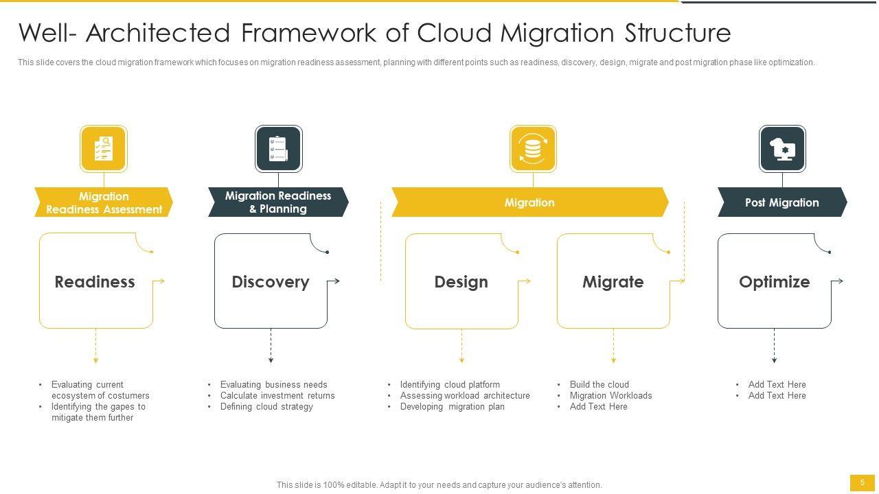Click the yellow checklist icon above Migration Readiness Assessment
click(103, 148)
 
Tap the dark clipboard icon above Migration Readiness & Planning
click(278, 148)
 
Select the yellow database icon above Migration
click(532, 148)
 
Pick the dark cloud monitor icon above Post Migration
click(782, 148)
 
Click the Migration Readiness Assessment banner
click(104, 202)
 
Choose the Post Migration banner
click(781, 202)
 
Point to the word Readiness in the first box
click(95, 282)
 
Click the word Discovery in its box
click(271, 282)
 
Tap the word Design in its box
click(461, 282)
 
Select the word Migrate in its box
click(613, 282)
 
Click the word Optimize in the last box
click(774, 282)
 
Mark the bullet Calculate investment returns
click(277, 396)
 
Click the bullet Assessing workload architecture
click(465, 396)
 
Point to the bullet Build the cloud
click(599, 385)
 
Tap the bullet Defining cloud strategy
click(266, 407)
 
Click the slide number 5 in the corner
click(863, 483)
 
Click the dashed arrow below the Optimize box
click(774, 346)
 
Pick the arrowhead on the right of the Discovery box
click(336, 281)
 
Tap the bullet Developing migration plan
click(452, 407)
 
